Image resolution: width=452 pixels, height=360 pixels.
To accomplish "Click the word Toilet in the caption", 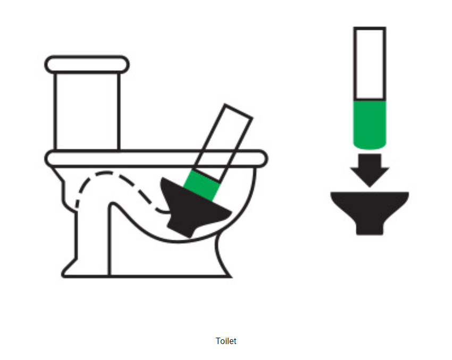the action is click(x=226, y=341).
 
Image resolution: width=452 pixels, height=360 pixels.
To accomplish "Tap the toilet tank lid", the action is click(x=87, y=64).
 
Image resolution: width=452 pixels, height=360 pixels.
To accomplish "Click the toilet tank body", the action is click(x=87, y=112).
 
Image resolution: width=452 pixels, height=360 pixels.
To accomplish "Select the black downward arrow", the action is click(x=370, y=170).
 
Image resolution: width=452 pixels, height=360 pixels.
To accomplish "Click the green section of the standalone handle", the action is click(x=370, y=124).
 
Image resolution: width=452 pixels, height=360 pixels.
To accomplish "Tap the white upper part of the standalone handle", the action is click(x=370, y=63).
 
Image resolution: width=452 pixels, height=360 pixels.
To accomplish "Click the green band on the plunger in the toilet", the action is click(x=202, y=186).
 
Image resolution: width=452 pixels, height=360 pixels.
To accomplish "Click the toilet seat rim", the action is click(x=156, y=158).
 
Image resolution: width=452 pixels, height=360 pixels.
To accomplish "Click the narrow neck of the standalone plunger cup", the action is click(x=370, y=228).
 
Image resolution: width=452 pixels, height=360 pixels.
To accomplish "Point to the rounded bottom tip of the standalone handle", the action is click(x=370, y=148).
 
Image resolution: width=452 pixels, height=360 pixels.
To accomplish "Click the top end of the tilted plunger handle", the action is click(x=239, y=111).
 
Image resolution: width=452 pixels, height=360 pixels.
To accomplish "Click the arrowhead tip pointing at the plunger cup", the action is click(x=370, y=187).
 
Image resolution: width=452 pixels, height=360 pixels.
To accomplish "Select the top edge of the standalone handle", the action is click(x=370, y=28).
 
